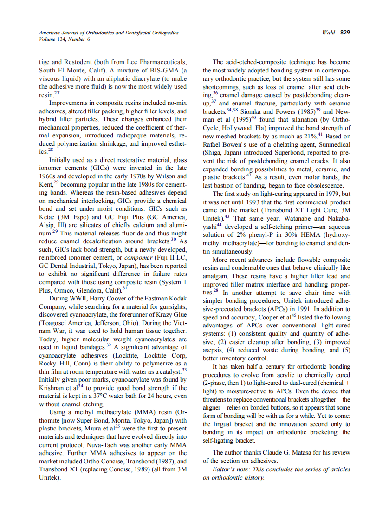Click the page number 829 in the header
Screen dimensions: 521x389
pyautogui.click(x=345, y=33)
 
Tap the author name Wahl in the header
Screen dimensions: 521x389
pyautogui.click(x=329, y=33)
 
